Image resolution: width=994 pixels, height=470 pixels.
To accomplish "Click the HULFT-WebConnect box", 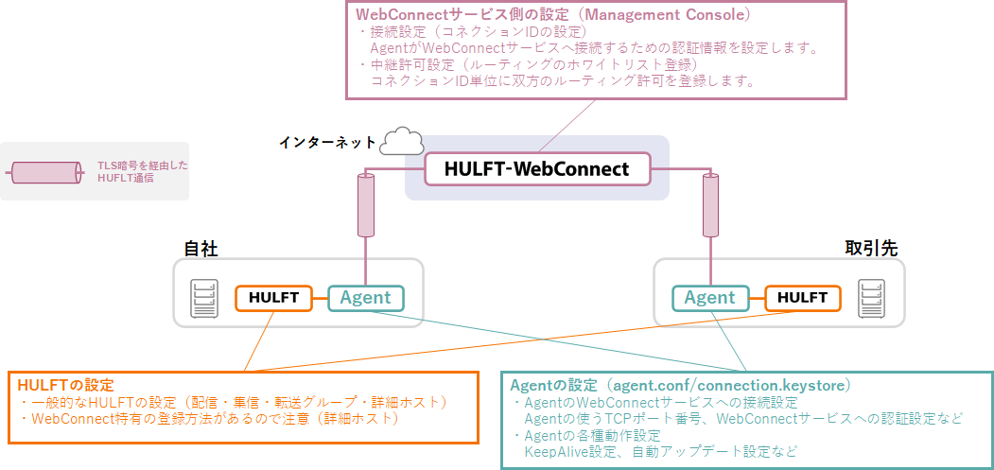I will (537, 169).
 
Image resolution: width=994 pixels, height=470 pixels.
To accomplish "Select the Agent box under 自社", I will (365, 298).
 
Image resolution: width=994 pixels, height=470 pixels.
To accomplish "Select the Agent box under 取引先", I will (709, 298).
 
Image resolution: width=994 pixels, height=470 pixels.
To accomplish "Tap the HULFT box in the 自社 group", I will (273, 298).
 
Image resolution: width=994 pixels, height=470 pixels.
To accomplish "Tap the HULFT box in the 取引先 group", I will (802, 298).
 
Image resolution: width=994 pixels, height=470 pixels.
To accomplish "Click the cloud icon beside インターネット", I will (401, 141).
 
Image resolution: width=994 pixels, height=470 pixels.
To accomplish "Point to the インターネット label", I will (326, 143).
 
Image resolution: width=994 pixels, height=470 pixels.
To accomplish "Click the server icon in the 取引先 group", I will (871, 299).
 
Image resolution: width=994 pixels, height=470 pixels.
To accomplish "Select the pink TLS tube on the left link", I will (365, 205).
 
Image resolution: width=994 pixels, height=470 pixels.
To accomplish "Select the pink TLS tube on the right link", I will (709, 205).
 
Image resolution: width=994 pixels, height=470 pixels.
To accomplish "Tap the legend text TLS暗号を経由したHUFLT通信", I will (142, 171).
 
